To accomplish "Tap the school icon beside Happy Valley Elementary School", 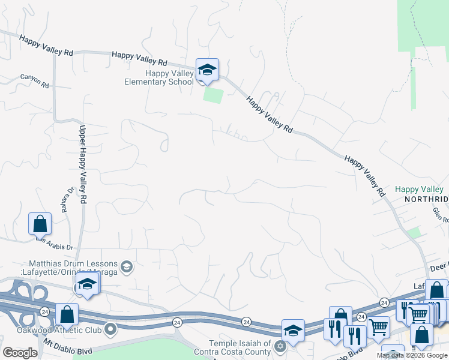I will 207,70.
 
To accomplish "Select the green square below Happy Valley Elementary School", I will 212,95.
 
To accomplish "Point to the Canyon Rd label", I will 34,81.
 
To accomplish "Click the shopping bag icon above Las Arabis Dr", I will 40,224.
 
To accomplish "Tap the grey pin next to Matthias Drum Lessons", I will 127,265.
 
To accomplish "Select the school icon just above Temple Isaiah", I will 293,330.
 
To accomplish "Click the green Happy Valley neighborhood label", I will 420,189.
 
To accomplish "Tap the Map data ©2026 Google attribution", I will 412,355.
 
